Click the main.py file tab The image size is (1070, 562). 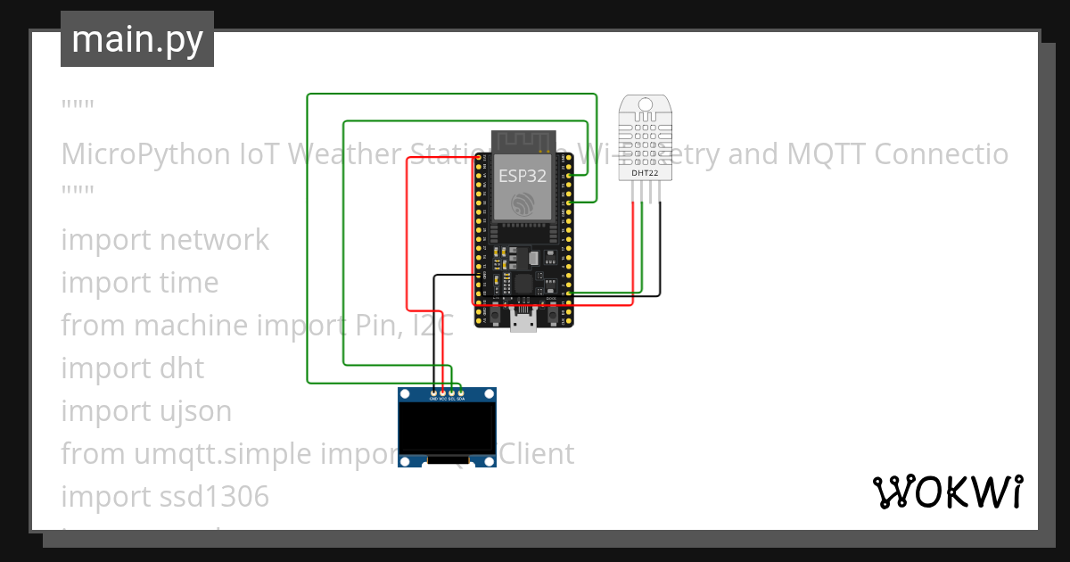pos(136,39)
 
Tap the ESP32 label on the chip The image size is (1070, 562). pos(522,176)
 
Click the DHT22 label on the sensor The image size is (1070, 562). pos(646,172)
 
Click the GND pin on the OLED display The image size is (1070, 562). pos(433,393)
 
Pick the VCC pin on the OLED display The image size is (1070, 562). pos(442,393)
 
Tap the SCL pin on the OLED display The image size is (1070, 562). pos(452,393)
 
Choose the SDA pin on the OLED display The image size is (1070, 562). pos(461,393)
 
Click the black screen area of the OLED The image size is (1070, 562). pos(447,427)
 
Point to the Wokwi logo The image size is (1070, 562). pos(947,492)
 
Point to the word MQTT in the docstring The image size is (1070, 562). pos(821,154)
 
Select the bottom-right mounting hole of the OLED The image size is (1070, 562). pos(488,460)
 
